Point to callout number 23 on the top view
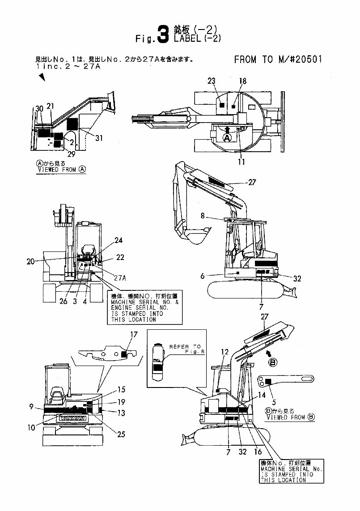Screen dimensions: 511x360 pos(212,81)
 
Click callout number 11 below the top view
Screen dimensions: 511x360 pos(241,162)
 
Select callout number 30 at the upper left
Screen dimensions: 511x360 pos(39,109)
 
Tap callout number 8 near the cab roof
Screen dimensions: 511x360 pos(203,215)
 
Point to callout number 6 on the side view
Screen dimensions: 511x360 pos(203,277)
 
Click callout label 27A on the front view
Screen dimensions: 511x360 pos(120,277)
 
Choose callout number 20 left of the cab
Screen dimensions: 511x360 pos(30,262)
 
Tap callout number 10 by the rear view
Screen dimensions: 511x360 pos(31,427)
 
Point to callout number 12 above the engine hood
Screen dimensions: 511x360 pos(224,352)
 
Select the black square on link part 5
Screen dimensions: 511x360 pos(269,381)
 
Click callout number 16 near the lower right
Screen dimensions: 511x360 pos(258,452)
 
